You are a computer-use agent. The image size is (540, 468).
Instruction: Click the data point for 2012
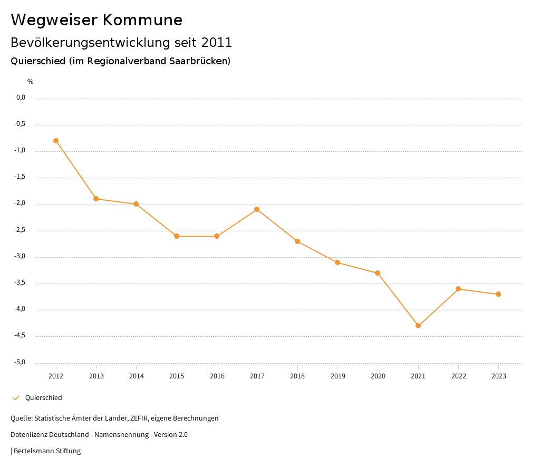click(56, 141)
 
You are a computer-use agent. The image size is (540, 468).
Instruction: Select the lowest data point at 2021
click(418, 326)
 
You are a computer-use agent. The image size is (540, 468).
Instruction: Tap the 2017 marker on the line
click(257, 209)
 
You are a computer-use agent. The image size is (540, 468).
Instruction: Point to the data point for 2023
click(498, 294)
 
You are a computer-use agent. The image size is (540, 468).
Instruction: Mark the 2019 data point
click(337, 262)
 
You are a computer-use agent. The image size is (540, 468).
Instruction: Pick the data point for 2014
click(136, 204)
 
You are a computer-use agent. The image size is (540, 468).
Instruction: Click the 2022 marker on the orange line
click(458, 289)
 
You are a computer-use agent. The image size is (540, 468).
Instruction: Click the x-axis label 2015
click(177, 376)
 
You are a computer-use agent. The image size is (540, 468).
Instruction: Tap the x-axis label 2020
click(378, 376)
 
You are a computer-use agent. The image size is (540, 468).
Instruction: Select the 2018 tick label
click(297, 376)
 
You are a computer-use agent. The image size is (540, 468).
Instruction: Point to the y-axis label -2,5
click(21, 230)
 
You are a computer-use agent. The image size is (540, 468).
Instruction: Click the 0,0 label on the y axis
click(21, 97)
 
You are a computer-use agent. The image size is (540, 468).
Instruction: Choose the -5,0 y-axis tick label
click(21, 363)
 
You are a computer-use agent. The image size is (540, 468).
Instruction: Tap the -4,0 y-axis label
click(21, 310)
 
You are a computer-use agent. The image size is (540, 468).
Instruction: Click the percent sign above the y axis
click(31, 82)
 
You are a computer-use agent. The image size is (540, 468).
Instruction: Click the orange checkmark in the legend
click(16, 398)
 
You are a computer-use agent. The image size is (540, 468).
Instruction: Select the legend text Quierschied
click(43, 398)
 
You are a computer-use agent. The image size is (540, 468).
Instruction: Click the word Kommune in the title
click(142, 20)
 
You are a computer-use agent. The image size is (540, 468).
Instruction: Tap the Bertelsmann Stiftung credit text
click(47, 451)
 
